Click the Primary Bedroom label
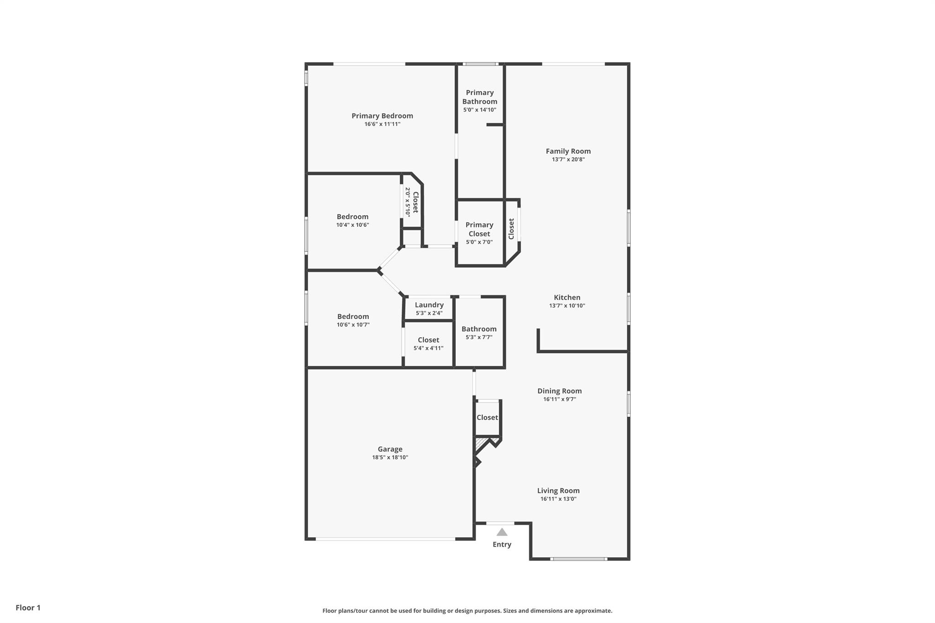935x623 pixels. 382,116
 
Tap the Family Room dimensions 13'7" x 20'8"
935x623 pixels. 568,160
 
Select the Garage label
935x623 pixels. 390,449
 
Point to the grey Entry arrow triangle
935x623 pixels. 502,532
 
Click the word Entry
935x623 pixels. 502,544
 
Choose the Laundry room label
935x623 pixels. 429,305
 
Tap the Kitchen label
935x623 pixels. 567,298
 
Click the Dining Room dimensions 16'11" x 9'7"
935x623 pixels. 559,399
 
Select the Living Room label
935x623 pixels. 558,491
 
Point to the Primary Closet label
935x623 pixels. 479,229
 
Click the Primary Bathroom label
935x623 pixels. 479,97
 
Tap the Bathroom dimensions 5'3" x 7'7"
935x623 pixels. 479,337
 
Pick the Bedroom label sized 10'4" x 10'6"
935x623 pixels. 352,217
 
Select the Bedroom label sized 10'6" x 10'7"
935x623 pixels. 353,317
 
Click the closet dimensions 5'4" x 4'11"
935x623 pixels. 428,348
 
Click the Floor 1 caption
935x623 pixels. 28,607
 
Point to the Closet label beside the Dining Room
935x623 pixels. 487,418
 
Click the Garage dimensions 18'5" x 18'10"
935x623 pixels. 390,457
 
